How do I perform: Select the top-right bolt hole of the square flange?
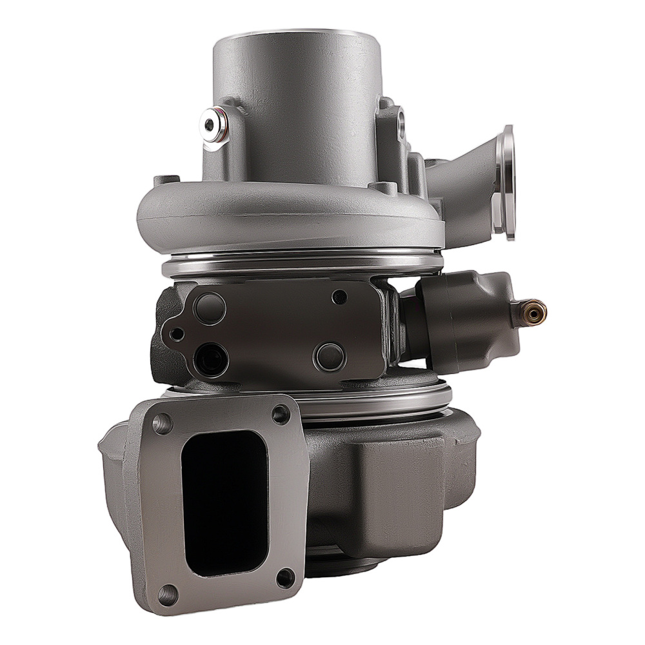tap(281, 413)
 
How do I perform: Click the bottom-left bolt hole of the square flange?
tap(168, 593)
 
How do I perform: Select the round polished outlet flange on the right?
tap(508, 182)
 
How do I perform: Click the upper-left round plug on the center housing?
tap(210, 308)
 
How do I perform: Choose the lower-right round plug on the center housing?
tap(329, 357)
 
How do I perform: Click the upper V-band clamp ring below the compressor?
tap(303, 264)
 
